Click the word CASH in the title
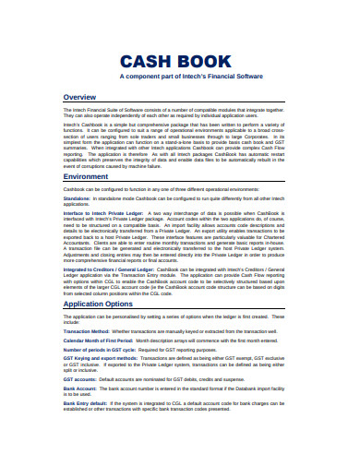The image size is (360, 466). (150, 62)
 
